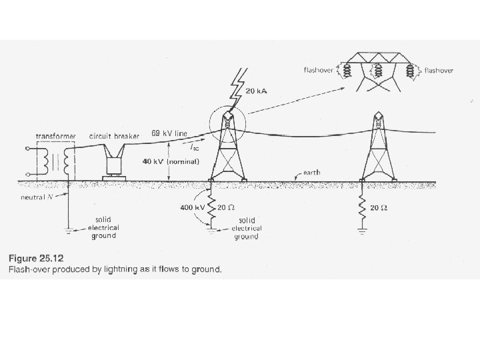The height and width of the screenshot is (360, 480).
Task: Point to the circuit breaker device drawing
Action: click(115, 162)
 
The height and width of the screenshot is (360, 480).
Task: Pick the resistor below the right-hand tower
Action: click(363, 208)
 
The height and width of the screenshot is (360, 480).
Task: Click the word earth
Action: click(311, 173)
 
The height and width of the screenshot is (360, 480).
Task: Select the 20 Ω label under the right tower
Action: click(381, 208)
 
